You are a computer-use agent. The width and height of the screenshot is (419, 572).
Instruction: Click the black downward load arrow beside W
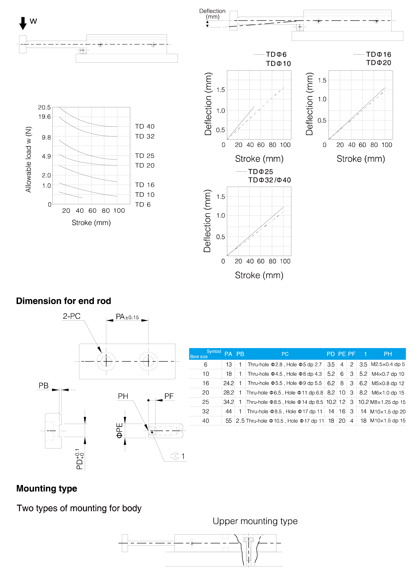(x=23, y=23)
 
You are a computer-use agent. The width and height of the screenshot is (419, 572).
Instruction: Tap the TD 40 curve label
(x=145, y=126)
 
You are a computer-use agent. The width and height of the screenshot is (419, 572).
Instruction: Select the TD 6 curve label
(x=143, y=204)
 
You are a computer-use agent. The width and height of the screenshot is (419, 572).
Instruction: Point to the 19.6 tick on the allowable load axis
(x=44, y=117)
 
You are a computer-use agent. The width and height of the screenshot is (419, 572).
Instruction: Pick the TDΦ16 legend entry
(x=378, y=54)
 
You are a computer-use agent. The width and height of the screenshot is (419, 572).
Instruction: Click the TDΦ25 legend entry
(x=261, y=172)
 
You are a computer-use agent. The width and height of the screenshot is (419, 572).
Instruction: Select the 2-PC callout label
(x=72, y=316)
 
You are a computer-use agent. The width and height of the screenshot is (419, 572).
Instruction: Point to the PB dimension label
(x=43, y=385)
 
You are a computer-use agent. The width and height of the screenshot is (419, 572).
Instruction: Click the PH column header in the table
(x=388, y=354)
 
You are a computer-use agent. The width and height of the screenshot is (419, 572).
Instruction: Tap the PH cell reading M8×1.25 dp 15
(x=388, y=402)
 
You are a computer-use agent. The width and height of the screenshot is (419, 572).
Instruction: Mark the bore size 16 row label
(x=206, y=383)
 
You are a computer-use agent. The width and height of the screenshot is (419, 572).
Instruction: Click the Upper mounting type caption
(x=255, y=521)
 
